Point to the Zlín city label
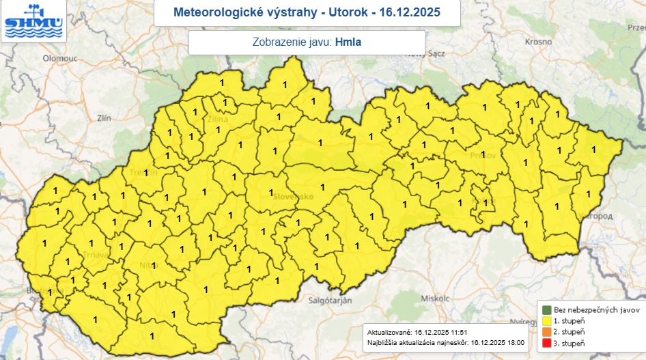coord(104,118)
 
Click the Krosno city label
coord(538,42)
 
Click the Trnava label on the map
coord(95,255)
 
